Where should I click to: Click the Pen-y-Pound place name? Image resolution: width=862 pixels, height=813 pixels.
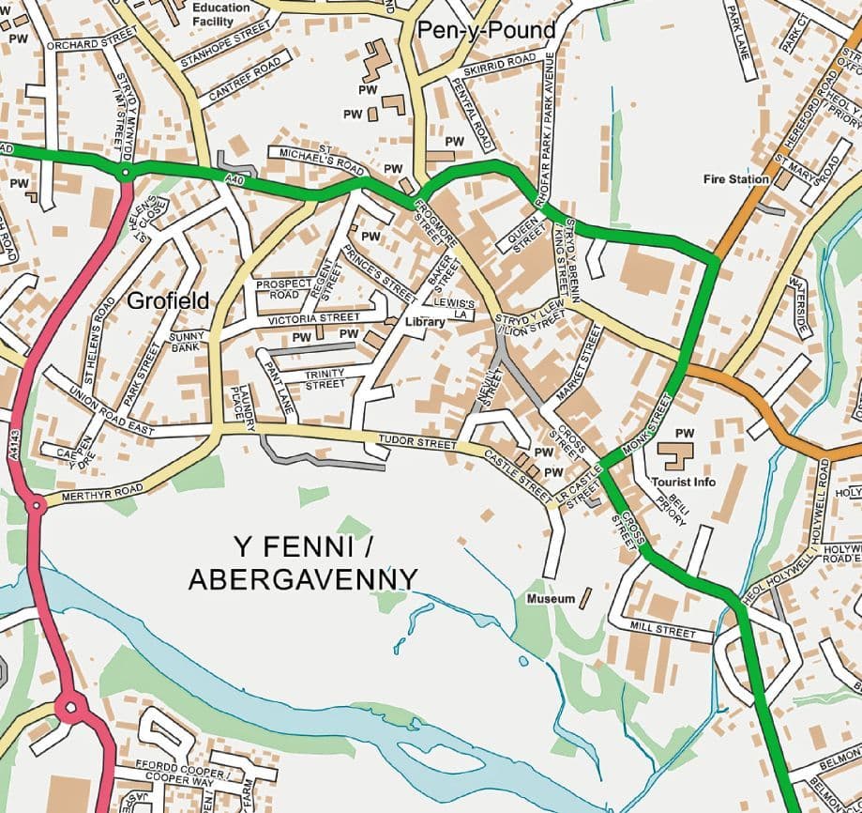pyautogui.click(x=486, y=31)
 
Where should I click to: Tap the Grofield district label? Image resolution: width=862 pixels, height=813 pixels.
pyautogui.click(x=167, y=301)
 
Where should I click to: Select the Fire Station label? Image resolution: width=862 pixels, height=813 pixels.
pyautogui.click(x=735, y=178)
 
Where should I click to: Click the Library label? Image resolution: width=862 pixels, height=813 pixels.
pyautogui.click(x=424, y=321)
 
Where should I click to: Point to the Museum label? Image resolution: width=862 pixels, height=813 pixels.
pyautogui.click(x=551, y=598)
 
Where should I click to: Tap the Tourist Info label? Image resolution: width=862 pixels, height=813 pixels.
pyautogui.click(x=683, y=482)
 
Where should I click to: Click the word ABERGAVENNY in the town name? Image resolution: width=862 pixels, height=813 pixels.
pyautogui.click(x=303, y=579)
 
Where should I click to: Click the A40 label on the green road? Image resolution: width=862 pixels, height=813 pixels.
pyautogui.click(x=236, y=176)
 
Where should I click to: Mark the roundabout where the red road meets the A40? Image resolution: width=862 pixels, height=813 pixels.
pyautogui.click(x=124, y=174)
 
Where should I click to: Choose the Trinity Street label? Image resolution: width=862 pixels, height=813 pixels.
pyautogui.click(x=325, y=378)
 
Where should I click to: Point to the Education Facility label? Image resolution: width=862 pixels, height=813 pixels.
pyautogui.click(x=221, y=13)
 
